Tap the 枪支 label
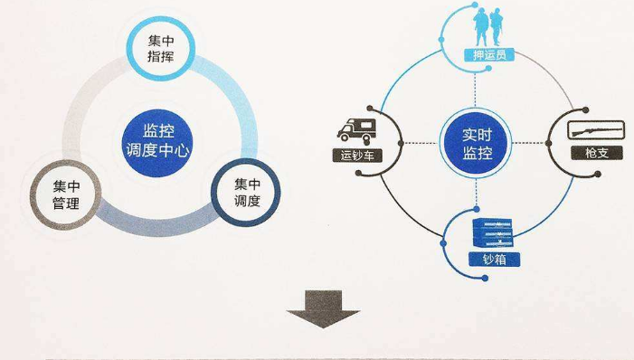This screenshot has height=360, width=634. [x=586, y=154]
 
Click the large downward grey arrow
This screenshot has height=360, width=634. [x=323, y=308]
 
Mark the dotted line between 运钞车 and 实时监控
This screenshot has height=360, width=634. [x=414, y=143]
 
